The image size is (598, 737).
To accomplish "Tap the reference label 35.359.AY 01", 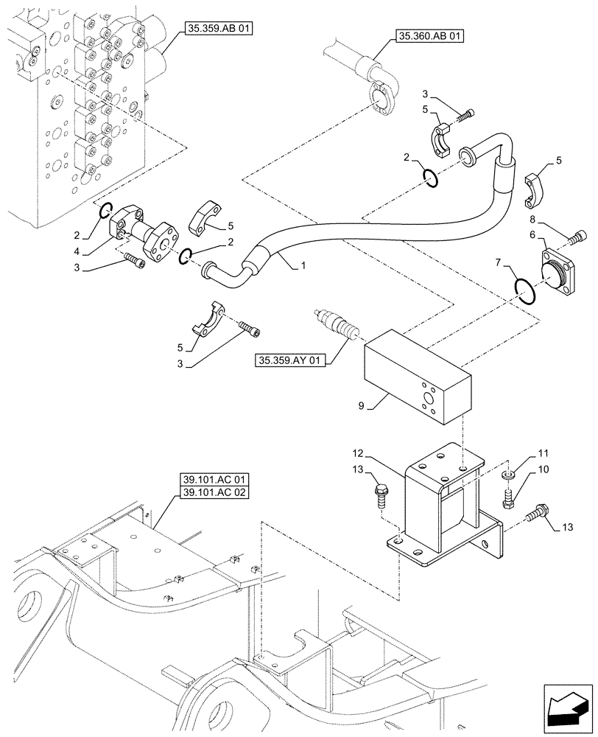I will (x=290, y=361).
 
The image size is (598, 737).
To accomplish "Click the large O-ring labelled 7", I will (x=524, y=289).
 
